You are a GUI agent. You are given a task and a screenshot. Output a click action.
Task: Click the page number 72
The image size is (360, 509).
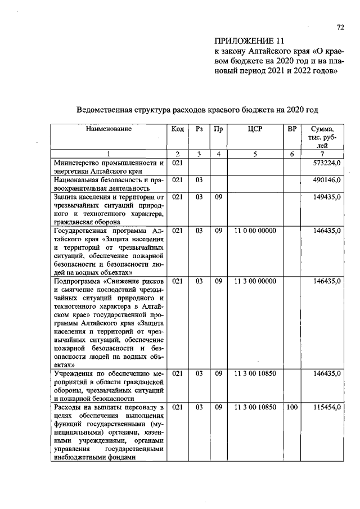click(x=339, y=26)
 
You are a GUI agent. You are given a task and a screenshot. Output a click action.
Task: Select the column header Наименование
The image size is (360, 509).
click(x=109, y=129)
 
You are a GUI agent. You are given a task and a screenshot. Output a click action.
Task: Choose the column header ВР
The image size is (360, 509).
click(x=291, y=129)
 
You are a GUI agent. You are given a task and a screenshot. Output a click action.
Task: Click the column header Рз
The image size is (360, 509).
click(x=199, y=129)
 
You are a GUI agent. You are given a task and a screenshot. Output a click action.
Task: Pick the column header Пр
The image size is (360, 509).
click(x=218, y=129)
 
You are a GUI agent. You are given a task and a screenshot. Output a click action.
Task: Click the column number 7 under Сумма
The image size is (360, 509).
click(x=322, y=154)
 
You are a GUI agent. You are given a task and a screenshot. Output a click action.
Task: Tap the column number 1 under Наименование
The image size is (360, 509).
click(x=109, y=154)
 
